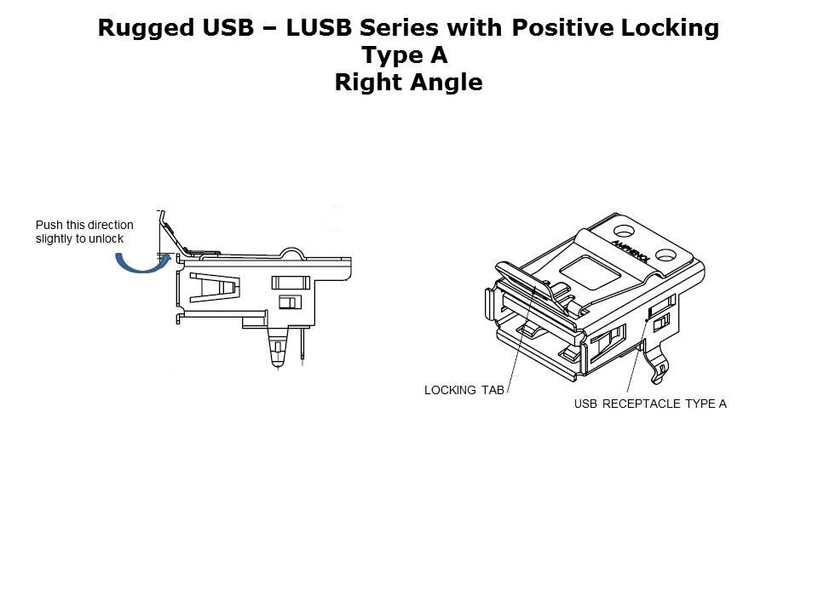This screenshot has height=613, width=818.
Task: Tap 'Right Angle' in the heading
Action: click(x=408, y=83)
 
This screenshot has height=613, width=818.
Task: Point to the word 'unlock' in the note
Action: click(x=107, y=239)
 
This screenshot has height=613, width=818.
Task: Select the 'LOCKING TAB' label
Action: click(x=464, y=391)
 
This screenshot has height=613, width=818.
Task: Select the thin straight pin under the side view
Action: click(x=302, y=345)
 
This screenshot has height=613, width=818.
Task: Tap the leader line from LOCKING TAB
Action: click(x=521, y=341)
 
